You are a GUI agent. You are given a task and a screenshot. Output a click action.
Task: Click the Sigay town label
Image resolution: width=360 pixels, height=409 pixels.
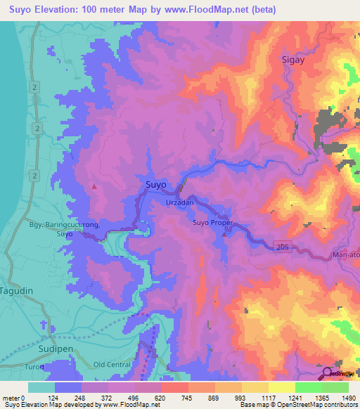[295, 60]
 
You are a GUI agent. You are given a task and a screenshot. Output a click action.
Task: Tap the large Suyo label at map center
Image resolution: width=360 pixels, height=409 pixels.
[155, 185]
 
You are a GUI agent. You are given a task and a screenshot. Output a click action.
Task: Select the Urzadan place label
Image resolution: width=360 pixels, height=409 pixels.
[179, 202]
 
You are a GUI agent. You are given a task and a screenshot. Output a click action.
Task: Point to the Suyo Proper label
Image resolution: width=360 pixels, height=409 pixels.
[212, 223]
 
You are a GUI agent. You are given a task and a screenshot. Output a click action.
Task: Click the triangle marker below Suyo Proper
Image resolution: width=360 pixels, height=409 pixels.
[224, 235]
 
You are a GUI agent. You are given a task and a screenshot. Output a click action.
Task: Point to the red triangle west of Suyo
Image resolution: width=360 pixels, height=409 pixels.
[94, 187]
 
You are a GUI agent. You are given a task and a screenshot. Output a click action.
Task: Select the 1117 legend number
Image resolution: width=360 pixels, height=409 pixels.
[260, 398]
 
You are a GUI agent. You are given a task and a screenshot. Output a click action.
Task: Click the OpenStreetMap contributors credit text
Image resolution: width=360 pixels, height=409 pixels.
[313, 405]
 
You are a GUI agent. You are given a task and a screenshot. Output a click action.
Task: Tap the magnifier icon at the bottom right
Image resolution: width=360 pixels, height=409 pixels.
[327, 373]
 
